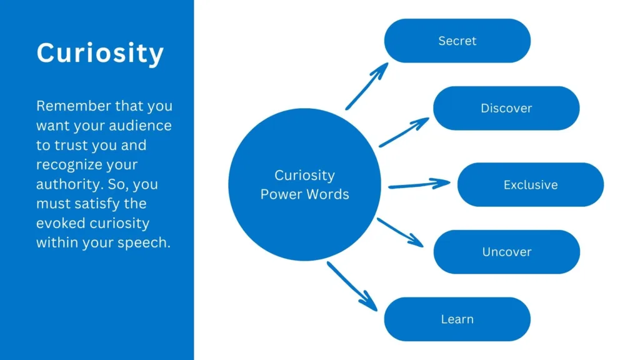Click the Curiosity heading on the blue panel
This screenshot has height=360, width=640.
[100, 54]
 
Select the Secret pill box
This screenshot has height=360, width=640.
[457, 41]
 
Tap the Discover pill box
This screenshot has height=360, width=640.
[506, 108]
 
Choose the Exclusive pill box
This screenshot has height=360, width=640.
[531, 185]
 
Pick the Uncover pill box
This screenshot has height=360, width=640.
[506, 252]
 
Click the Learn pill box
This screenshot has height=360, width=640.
[457, 319]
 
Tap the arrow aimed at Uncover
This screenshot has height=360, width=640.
[400, 231]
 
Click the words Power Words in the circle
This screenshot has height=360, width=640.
[304, 194]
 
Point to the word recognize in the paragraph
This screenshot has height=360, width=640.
[68, 165]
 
